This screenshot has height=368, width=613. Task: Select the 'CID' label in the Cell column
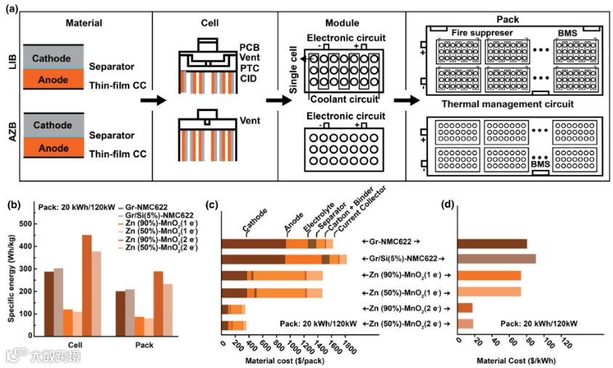pyautogui.click(x=248, y=78)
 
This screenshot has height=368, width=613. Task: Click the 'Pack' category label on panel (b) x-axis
pyautogui.click(x=144, y=344)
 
